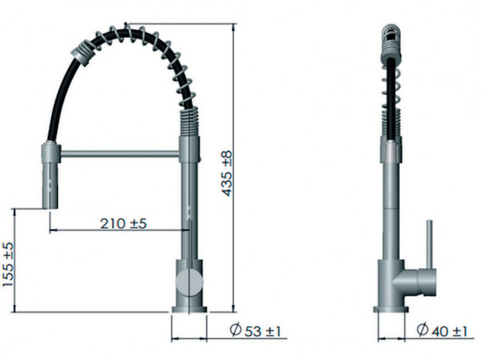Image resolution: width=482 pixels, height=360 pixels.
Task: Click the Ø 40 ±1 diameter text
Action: pyautogui.click(x=439, y=331)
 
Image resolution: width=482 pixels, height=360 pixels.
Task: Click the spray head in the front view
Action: pyautogui.click(x=49, y=174)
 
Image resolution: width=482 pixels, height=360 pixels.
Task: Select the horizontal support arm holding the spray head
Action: pyautogui.click(x=120, y=151)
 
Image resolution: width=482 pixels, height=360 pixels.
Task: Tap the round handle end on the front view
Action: pyautogui.click(x=190, y=281)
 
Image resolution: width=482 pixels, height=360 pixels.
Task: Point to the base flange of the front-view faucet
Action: pyautogui.click(x=190, y=307)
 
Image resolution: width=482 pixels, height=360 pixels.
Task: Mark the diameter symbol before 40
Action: pyautogui.click(x=420, y=331)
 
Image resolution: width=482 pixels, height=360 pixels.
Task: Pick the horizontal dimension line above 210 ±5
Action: pyautogui.click(x=120, y=232)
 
